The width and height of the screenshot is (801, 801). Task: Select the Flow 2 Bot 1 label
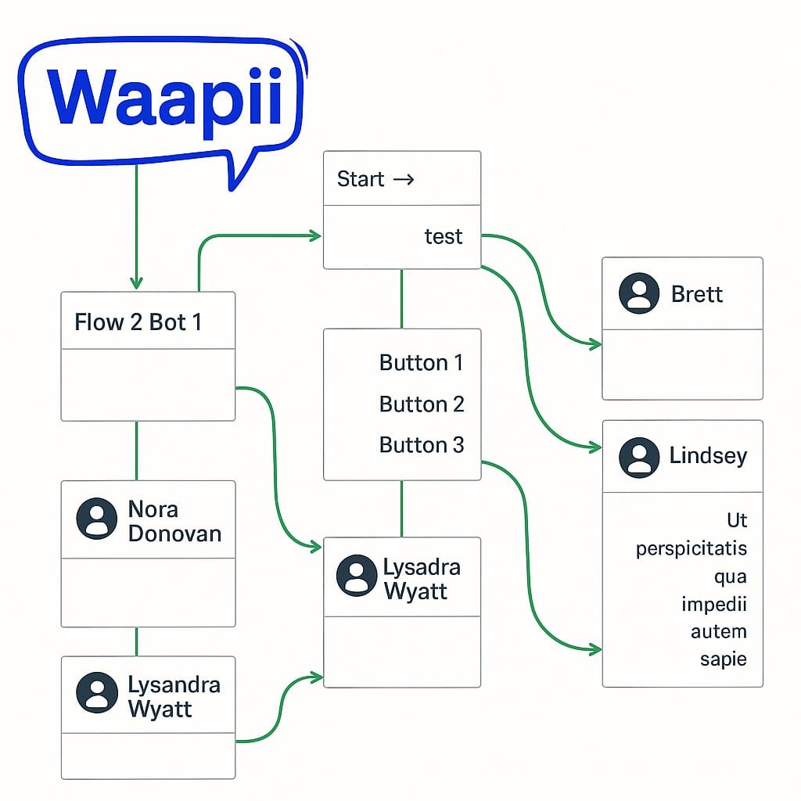pyautogui.click(x=138, y=321)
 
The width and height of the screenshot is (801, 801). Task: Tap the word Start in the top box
pyautogui.click(x=360, y=179)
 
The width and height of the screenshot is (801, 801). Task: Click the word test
pyautogui.click(x=443, y=236)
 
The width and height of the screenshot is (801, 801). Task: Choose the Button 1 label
pyautogui.click(x=421, y=363)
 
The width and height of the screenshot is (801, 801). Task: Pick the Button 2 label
pyautogui.click(x=421, y=404)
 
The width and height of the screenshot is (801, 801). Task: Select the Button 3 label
pyautogui.click(x=421, y=445)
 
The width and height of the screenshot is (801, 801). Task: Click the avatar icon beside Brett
pyautogui.click(x=638, y=293)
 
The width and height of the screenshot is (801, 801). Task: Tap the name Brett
pyautogui.click(x=697, y=294)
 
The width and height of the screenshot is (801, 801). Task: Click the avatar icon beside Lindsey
pyautogui.click(x=638, y=458)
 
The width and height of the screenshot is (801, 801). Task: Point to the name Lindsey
pyautogui.click(x=708, y=456)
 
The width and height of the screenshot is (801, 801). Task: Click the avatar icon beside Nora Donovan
pyautogui.click(x=97, y=519)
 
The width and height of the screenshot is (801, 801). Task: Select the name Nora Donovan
pyautogui.click(x=174, y=521)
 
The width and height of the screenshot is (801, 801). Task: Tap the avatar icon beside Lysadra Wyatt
pyautogui.click(x=357, y=576)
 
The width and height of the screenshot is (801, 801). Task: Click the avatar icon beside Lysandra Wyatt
pyautogui.click(x=97, y=692)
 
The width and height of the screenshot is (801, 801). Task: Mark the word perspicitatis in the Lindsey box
pyautogui.click(x=691, y=548)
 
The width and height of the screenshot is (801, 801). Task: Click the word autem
pyautogui.click(x=718, y=631)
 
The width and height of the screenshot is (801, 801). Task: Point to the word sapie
pyautogui.click(x=723, y=659)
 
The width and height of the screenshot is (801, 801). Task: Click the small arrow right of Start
pyautogui.click(x=404, y=179)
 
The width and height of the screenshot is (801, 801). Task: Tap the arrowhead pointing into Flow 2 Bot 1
pyautogui.click(x=136, y=283)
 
